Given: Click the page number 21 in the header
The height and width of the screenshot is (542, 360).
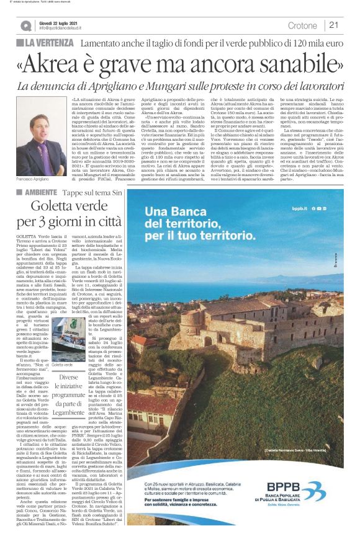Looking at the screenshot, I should (333, 25).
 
